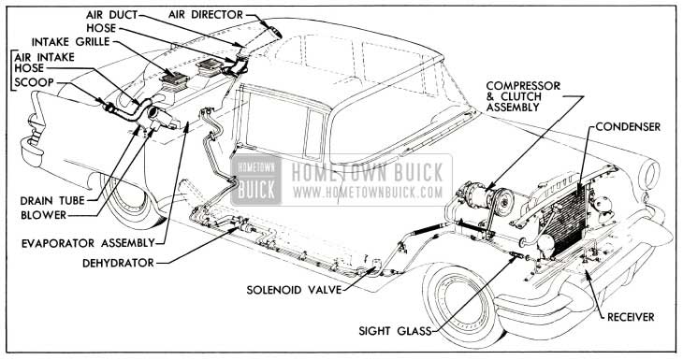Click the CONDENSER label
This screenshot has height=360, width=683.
[628, 126]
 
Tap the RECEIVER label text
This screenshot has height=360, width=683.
[631, 317]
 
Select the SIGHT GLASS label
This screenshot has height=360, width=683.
[395, 331]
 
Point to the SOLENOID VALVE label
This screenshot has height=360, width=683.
[294, 290]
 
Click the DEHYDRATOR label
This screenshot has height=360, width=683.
[118, 263]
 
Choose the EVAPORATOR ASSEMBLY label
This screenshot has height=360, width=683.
[89, 243]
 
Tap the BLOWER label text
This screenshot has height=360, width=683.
[44, 215]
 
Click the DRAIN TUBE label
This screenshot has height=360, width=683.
[52, 201]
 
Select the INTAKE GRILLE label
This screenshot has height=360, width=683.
[70, 42]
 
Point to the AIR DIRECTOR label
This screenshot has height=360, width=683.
[206, 15]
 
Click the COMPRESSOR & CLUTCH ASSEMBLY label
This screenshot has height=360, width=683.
[523, 96]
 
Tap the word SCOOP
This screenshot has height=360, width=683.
[35, 82]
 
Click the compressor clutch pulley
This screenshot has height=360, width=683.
[503, 199]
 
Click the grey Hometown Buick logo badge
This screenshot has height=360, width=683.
[256, 180]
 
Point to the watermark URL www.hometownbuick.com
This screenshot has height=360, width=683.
[368, 192]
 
